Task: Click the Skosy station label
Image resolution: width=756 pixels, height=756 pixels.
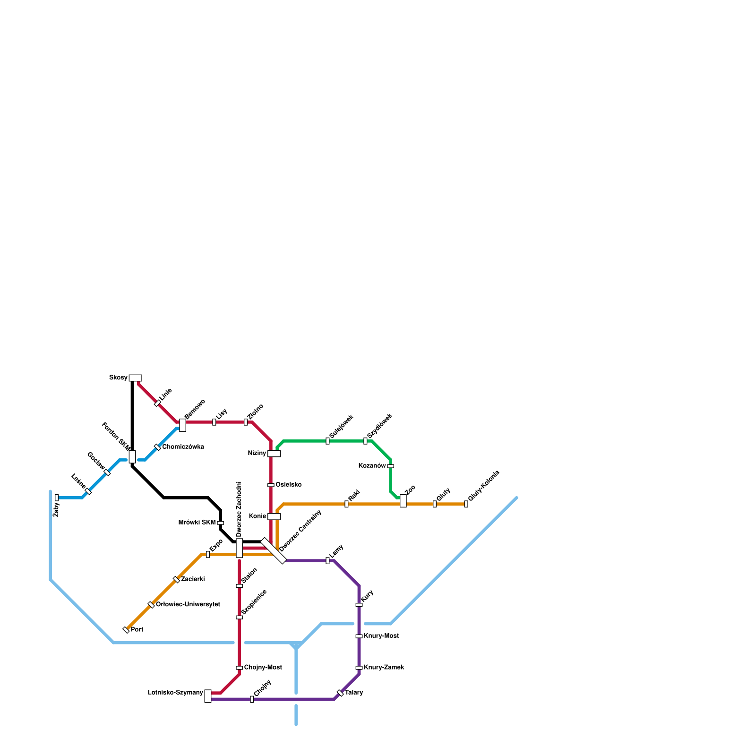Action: [118, 378]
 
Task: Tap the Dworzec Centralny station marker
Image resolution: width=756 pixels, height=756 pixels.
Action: [274, 551]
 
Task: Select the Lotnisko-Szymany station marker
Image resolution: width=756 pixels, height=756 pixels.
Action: [208, 696]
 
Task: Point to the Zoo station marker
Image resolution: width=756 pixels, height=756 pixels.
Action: [403, 501]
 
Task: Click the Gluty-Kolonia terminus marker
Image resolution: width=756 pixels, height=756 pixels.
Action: [466, 504]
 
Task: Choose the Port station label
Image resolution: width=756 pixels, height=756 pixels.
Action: [137, 630]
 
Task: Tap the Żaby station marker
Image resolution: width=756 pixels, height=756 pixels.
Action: [57, 498]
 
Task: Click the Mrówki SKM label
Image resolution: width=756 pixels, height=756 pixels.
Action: [197, 523]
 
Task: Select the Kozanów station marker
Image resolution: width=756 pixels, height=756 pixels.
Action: [390, 466]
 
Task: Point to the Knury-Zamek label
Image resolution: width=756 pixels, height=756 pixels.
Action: [384, 668]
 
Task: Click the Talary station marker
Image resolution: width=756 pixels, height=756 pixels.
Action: [340, 693]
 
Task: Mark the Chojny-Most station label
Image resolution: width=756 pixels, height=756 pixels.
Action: [263, 668]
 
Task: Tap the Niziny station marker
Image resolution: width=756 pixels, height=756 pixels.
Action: [274, 454]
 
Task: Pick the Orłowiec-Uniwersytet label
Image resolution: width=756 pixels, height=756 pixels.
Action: [188, 605]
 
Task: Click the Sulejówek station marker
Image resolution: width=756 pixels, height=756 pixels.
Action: [327, 441]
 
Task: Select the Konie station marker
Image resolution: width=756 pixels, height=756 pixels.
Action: [274, 516]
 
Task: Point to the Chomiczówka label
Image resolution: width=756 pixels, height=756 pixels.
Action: [183, 447]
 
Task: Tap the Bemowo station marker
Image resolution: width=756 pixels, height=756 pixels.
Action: [182, 425]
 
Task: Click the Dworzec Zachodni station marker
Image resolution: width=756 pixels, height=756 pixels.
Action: [239, 548]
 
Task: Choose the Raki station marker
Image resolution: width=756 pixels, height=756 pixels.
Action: [346, 504]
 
